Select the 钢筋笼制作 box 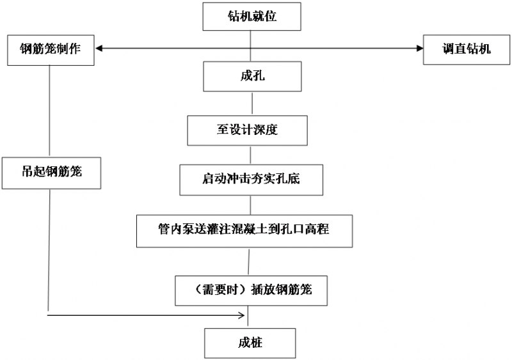(x=50, y=49)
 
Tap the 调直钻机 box (x=466, y=49)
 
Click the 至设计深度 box (x=248, y=130)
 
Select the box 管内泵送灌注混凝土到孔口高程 (x=245, y=230)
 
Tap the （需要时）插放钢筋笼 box (x=252, y=289)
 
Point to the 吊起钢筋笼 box (x=51, y=172)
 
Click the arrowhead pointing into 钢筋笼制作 (x=99, y=47)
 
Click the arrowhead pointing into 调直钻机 (x=419, y=47)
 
